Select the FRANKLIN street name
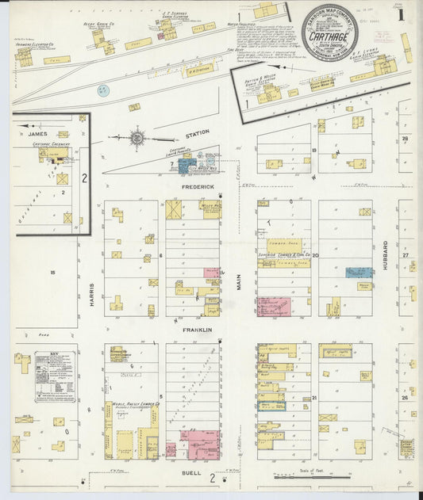198,330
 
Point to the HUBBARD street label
385,256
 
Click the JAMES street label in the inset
38,134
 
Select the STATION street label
198,133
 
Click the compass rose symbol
137,138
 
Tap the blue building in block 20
360,272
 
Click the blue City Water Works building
187,166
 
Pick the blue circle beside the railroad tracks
102,90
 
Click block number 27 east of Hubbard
405,256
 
